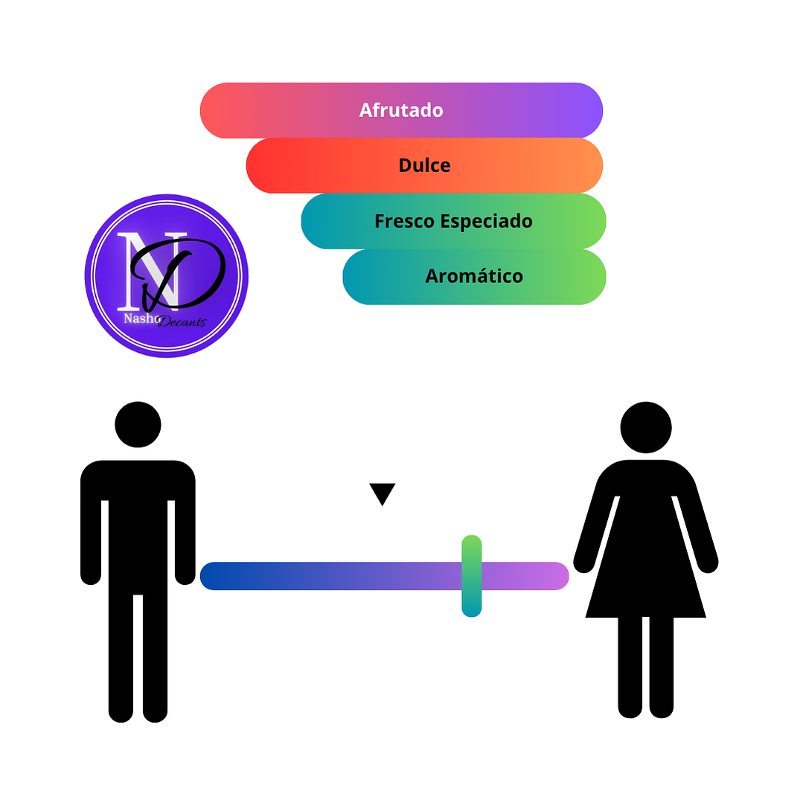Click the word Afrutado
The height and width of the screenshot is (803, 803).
point(401,110)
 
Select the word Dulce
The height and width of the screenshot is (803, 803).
point(424,165)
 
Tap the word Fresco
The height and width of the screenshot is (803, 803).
point(405,221)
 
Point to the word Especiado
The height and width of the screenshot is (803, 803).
point(486,222)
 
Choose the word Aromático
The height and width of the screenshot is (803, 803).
point(474,276)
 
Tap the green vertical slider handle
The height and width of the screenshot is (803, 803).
point(472,576)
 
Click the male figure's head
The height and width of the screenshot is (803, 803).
point(138,424)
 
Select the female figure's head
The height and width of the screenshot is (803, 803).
point(646,428)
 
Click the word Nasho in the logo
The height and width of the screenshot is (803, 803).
point(141,319)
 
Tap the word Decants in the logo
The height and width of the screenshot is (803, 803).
point(182,321)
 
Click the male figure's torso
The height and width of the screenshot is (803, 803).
point(138,528)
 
